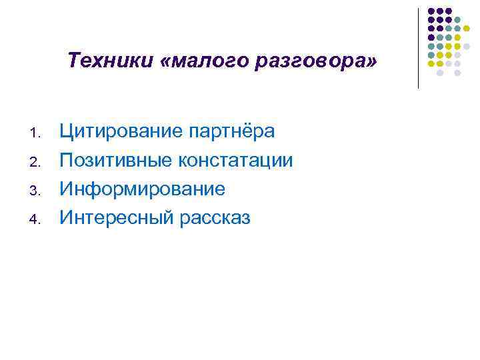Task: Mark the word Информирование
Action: tap(143, 189)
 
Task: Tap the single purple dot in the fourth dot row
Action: tap(431, 37)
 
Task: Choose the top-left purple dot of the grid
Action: tap(431, 11)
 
